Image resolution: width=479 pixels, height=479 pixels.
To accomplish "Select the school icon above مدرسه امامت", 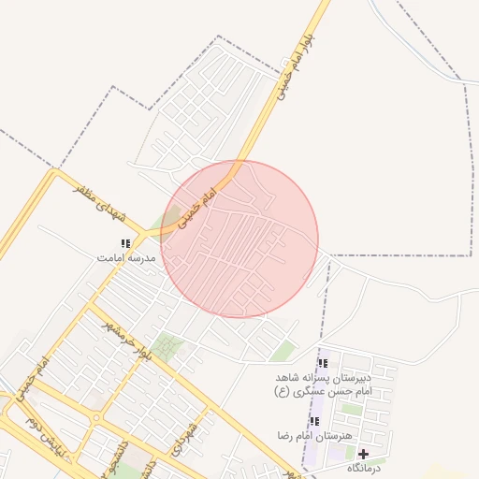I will tap(125, 244).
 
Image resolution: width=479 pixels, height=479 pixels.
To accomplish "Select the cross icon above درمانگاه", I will tap(364, 454).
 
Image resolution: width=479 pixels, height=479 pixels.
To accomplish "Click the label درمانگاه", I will tap(365, 467).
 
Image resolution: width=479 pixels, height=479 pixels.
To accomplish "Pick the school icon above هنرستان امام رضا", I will tap(314, 422).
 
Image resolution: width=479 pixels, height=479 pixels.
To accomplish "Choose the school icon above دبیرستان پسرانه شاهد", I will tap(323, 363).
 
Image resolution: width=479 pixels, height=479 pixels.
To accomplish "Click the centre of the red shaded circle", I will tap(239, 239).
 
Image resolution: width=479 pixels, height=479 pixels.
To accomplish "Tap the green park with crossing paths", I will tap(169, 347).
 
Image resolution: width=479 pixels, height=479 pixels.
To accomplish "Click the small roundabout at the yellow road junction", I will tap(97, 417).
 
